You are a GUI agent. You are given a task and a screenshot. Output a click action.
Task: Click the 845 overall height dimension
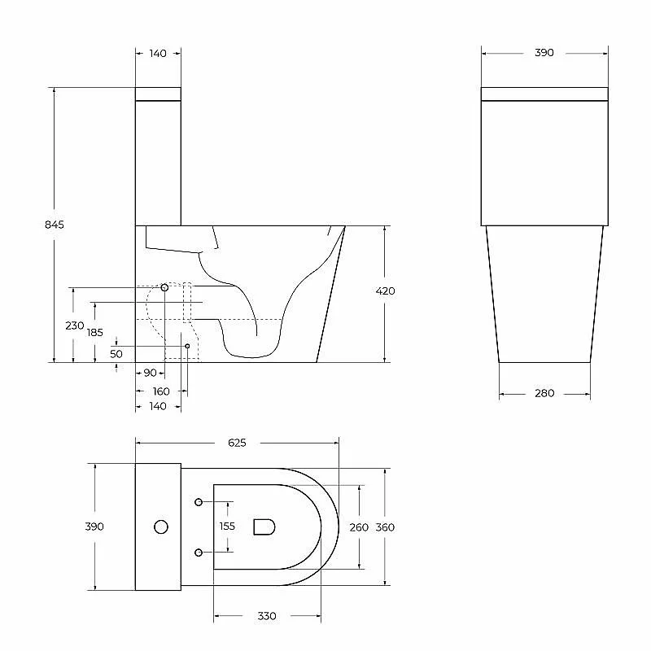point(55,225)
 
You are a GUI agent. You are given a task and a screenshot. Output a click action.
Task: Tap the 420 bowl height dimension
point(385,291)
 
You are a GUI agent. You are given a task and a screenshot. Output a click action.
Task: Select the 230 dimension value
point(75,325)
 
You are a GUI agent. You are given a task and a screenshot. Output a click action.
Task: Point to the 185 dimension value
point(95,332)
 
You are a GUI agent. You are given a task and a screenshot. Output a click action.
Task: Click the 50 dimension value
point(116,354)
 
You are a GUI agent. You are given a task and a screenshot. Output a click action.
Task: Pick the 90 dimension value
point(151,373)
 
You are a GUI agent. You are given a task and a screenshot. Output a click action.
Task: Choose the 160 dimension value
point(161,391)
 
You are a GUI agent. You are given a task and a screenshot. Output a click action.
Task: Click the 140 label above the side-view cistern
point(158,53)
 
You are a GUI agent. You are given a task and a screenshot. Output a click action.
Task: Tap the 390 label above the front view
point(544,53)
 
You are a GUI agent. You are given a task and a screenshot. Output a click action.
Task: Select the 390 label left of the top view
point(94,526)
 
